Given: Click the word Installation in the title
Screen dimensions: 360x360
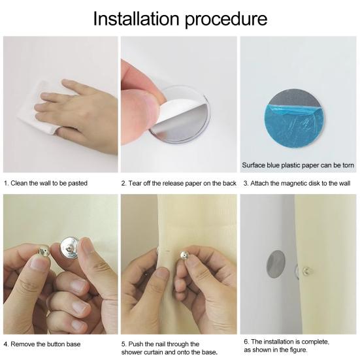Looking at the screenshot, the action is [136, 19].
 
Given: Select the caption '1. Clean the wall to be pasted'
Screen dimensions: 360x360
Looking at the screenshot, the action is [46, 183].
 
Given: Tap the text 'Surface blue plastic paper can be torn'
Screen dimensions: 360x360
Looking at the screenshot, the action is [298, 165].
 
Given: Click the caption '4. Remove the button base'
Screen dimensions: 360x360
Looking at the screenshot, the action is [42, 344].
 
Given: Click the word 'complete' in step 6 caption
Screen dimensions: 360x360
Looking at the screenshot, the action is [315, 342].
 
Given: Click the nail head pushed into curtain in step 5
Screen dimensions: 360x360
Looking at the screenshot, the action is [184, 255].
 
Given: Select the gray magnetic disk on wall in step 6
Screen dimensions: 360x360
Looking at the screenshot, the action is [276, 265].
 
